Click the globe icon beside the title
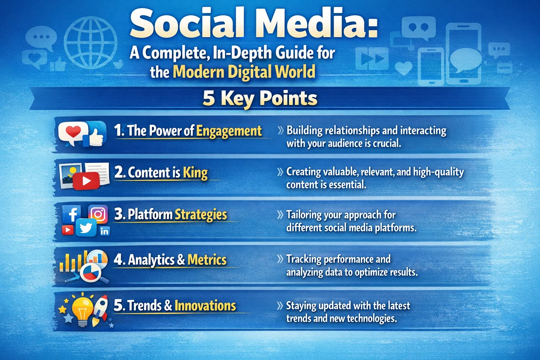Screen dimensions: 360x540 (x=90, y=43)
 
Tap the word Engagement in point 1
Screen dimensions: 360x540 (x=229, y=131)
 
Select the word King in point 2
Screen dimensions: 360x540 (x=195, y=173)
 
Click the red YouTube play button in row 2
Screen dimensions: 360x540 (x=86, y=181)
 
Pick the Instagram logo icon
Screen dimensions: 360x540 (x=98, y=214)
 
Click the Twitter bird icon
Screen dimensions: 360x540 (x=86, y=227)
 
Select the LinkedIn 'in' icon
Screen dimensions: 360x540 (x=104, y=231)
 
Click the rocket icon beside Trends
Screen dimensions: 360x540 (x=100, y=309)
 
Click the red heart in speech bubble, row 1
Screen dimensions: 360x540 (x=73, y=132)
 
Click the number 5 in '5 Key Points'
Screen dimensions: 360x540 (x=208, y=98)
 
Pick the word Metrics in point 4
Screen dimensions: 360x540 (x=207, y=260)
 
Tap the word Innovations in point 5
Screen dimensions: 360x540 (x=205, y=306)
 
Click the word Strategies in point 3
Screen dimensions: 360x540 (x=201, y=214)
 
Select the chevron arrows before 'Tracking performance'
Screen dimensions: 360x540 (x=280, y=259)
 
